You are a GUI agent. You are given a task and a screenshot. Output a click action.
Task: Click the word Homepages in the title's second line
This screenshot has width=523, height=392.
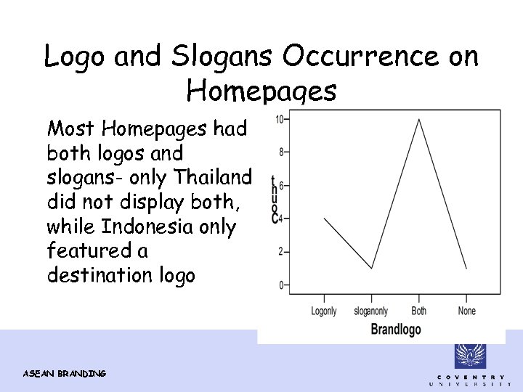point(261,91)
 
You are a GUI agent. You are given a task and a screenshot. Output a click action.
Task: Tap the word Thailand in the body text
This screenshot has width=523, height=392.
point(216,177)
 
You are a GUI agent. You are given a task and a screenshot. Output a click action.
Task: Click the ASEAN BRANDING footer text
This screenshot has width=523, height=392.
point(65,373)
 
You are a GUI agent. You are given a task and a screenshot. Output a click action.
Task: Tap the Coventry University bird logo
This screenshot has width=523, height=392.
point(470,356)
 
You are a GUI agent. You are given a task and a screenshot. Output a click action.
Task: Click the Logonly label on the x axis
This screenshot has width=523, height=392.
point(324,311)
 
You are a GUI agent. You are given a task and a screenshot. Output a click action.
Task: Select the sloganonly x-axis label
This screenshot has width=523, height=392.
point(371,311)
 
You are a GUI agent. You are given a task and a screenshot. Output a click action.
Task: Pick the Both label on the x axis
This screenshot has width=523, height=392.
point(419,311)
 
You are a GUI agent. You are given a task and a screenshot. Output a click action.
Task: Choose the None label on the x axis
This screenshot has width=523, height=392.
point(467,311)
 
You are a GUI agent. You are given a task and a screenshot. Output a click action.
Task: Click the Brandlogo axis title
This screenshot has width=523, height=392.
point(396,330)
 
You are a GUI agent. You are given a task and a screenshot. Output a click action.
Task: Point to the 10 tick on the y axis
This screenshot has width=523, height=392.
point(279,119)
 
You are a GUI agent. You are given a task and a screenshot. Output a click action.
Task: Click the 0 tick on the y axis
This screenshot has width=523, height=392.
point(281,285)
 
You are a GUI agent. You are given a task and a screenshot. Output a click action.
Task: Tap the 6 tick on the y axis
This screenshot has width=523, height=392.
point(281,186)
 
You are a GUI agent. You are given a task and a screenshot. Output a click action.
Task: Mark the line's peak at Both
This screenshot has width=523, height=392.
point(419,119)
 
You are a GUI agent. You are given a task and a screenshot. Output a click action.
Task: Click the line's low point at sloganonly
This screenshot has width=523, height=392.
point(372,269)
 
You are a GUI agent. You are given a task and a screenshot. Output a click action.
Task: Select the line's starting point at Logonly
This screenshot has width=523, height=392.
point(324,219)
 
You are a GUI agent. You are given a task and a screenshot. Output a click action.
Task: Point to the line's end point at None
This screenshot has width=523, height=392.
point(466,269)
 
